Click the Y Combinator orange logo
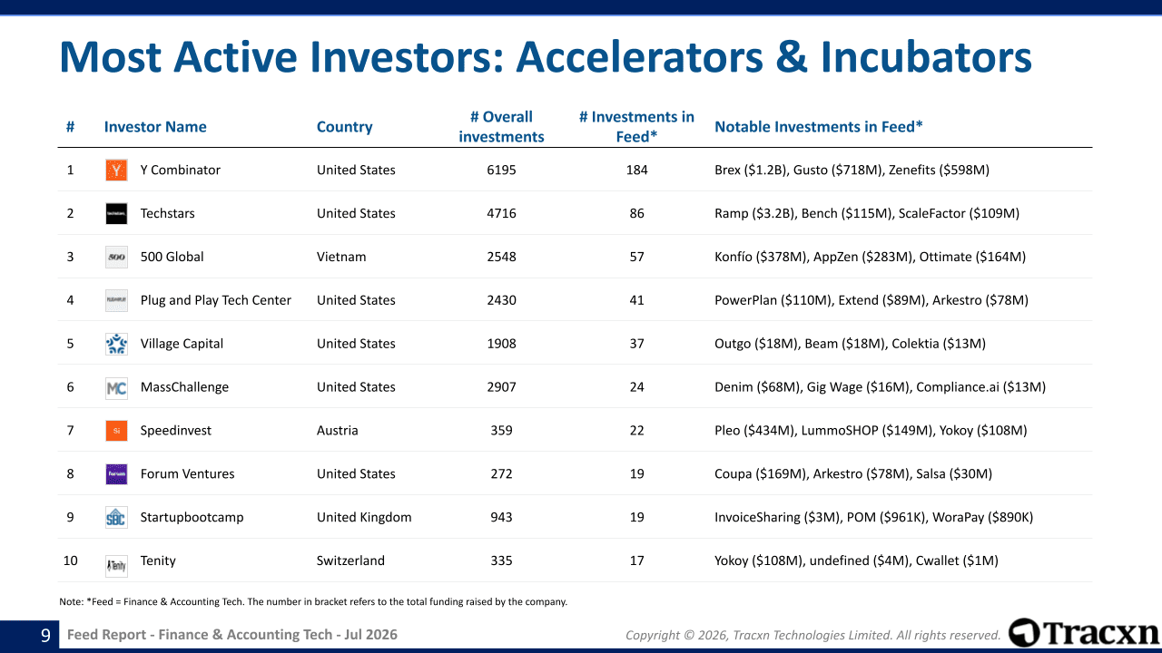point(116,170)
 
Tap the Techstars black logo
point(116,213)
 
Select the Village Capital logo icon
point(116,344)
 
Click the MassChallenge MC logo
point(116,387)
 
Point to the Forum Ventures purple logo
point(116,474)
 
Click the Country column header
point(344,127)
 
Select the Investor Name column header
point(155,127)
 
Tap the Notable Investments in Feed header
point(819,127)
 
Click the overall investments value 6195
point(501,170)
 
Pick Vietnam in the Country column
point(341,257)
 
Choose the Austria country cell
point(337,430)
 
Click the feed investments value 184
point(636,170)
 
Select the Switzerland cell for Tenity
point(350,560)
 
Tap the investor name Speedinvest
point(176,430)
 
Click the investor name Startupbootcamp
point(192,517)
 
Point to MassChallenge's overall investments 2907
point(501,387)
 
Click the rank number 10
point(70,560)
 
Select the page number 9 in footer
point(45,635)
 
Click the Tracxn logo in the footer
point(1083,633)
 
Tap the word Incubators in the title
point(926,56)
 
